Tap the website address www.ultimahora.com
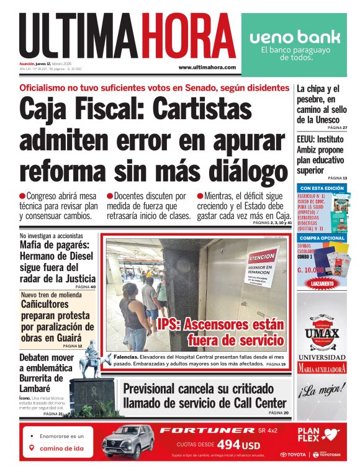(207, 67)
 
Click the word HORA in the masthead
(187, 36)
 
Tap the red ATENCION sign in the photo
(261, 257)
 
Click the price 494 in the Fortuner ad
(228, 445)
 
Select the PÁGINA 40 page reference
(85, 287)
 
